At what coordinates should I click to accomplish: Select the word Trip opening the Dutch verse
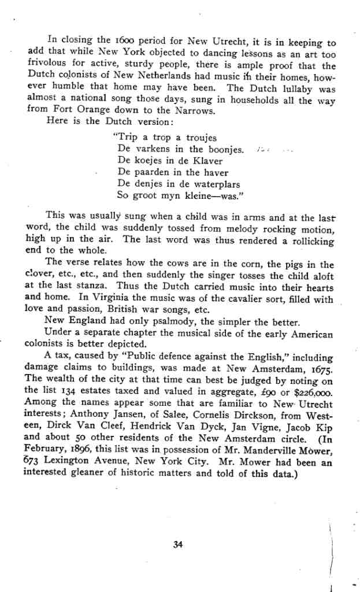click(x=127, y=138)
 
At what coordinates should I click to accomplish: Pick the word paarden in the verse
click(x=151, y=172)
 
